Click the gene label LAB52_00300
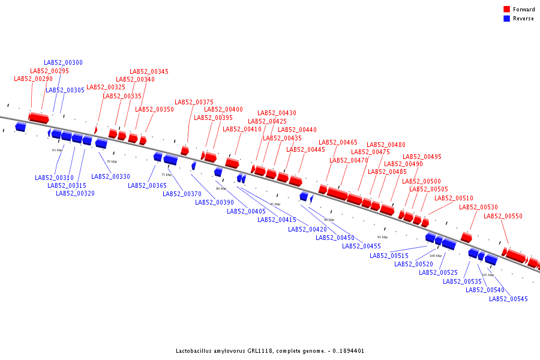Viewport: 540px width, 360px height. coord(63,62)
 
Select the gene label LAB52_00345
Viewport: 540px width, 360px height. coord(149,71)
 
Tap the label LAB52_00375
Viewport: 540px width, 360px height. coord(194,102)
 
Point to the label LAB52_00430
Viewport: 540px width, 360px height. coord(277,113)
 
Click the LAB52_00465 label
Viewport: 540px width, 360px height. coord(338,142)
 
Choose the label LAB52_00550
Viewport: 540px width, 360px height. coord(503,216)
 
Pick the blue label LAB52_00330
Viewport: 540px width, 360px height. coord(110,176)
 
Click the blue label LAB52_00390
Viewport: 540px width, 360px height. coord(214,202)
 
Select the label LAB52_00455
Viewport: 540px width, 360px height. coord(361,246)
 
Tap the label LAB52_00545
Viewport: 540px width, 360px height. coord(508,299)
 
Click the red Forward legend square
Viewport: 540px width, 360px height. coord(507,9)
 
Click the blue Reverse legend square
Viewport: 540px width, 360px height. coord(507,19)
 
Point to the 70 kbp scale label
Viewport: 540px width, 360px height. coord(112,161)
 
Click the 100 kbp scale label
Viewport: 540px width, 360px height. coord(435,256)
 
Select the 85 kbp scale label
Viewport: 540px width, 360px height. coord(275,204)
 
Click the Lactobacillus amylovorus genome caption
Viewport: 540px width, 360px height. coord(269,351)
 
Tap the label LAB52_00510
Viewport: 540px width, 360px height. coord(454,198)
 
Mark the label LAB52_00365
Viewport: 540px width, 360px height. coord(147,185)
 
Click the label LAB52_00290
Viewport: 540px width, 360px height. coord(33,79)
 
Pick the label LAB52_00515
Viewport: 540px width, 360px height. coord(389,256)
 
